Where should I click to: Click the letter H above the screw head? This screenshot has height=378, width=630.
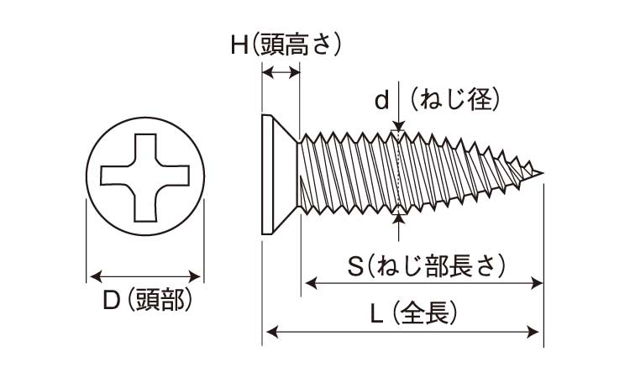coord(239,45)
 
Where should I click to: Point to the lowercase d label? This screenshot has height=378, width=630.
coord(381,101)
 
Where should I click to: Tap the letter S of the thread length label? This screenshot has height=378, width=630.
coord(356,266)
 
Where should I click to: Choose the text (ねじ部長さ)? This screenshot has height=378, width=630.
coord(437,266)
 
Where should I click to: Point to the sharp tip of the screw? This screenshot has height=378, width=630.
coord(542,175)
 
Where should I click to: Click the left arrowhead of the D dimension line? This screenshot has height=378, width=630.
coord(93,276)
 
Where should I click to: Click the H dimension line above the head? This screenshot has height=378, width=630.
coord(281,73)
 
